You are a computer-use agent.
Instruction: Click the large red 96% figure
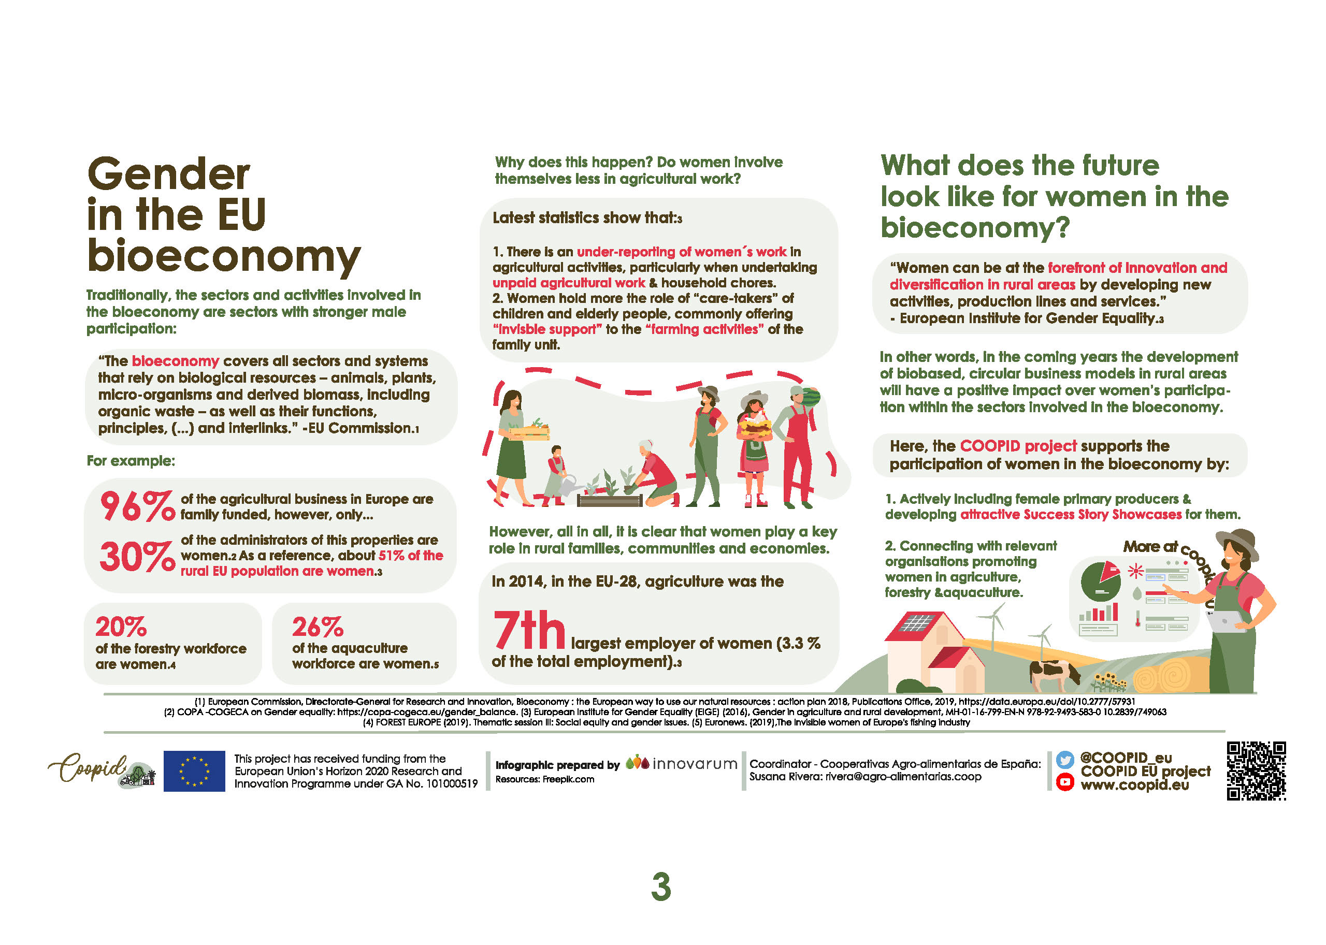coord(137,506)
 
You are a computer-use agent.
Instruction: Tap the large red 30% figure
coord(137,556)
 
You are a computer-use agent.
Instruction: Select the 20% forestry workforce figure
coord(121,627)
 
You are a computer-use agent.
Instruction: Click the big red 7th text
coord(528,630)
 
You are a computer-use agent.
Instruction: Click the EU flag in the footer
coord(194,770)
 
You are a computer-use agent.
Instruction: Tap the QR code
coord(1256,770)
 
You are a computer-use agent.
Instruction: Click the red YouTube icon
coord(1064,781)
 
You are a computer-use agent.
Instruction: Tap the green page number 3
coord(661,888)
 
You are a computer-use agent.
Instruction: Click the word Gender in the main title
coord(169,175)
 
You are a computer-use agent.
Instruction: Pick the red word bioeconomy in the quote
coord(175,361)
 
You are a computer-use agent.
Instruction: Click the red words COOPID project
coord(1018,446)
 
